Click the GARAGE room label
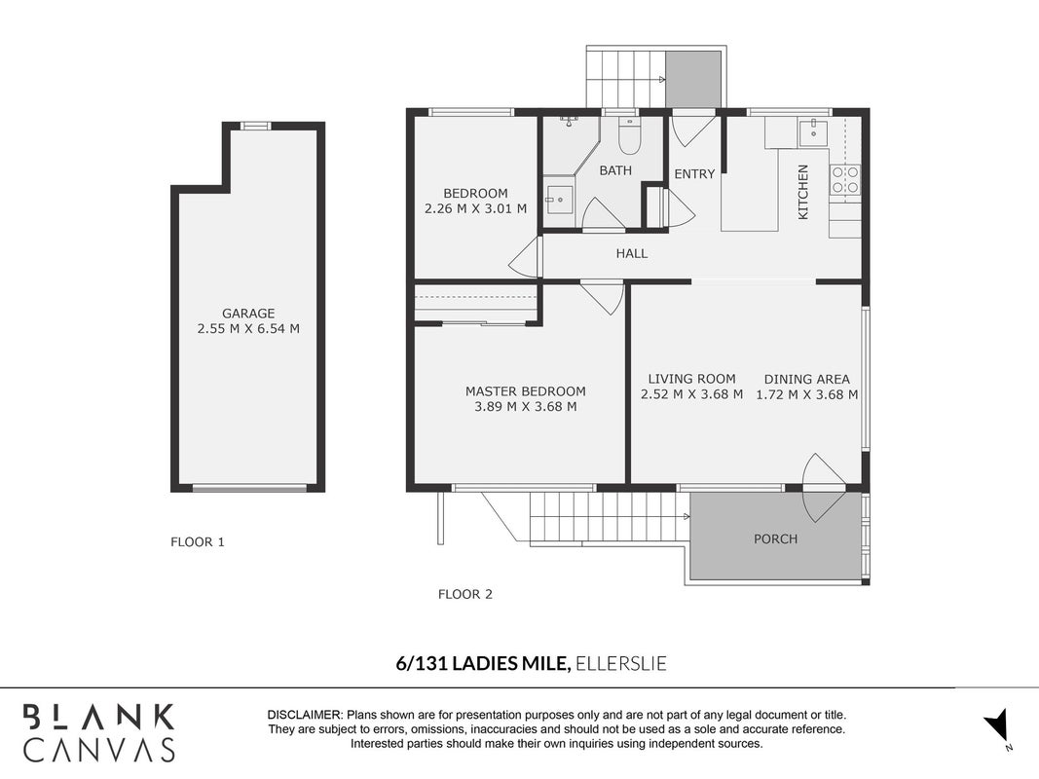(248, 314)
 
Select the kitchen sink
(813, 131)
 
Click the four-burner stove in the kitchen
(845, 179)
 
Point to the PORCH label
(775, 539)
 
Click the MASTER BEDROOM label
(526, 391)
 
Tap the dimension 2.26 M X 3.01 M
(476, 208)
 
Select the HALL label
(632, 253)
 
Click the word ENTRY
(694, 173)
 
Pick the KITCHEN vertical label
(803, 192)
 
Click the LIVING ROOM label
(691, 379)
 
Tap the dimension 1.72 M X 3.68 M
(807, 394)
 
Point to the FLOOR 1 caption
(198, 541)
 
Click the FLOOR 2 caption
(465, 594)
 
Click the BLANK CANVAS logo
(99, 732)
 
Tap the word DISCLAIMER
(305, 715)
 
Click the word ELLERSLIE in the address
(621, 663)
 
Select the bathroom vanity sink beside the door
(560, 197)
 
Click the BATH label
(615, 170)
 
